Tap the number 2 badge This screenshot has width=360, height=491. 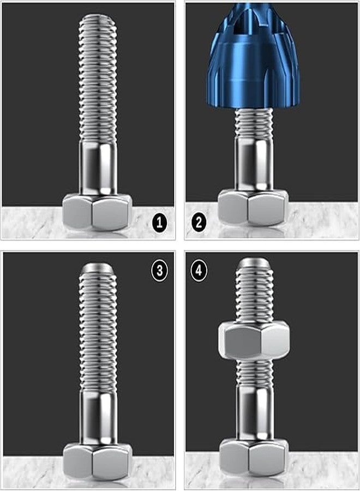[199, 222]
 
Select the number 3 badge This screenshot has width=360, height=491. [159, 271]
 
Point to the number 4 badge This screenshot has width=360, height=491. [199, 271]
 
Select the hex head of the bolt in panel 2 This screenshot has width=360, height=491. [253, 207]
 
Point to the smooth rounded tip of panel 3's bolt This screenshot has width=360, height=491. [98, 269]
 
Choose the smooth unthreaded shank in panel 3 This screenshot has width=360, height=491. [98, 417]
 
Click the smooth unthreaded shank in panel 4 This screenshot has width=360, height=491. [254, 412]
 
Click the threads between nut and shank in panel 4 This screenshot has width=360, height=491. [254, 371]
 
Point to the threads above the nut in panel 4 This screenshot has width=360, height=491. [254, 295]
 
